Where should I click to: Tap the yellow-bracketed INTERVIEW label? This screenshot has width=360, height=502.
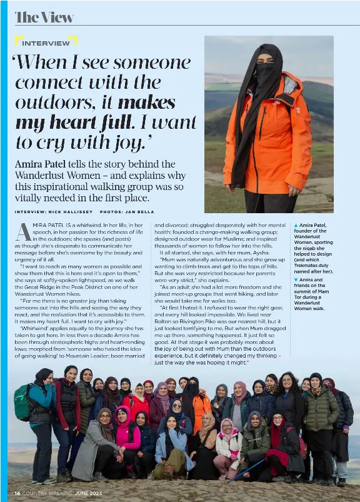[46, 43]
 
